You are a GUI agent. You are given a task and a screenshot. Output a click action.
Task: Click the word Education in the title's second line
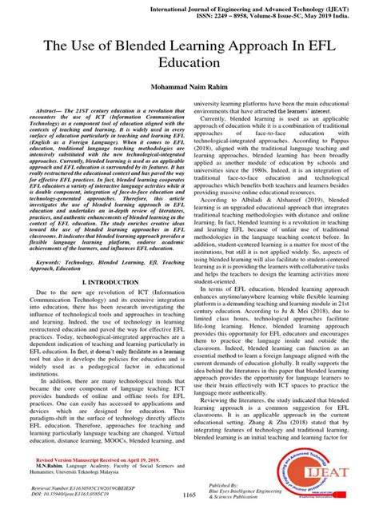click(x=189, y=82)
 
